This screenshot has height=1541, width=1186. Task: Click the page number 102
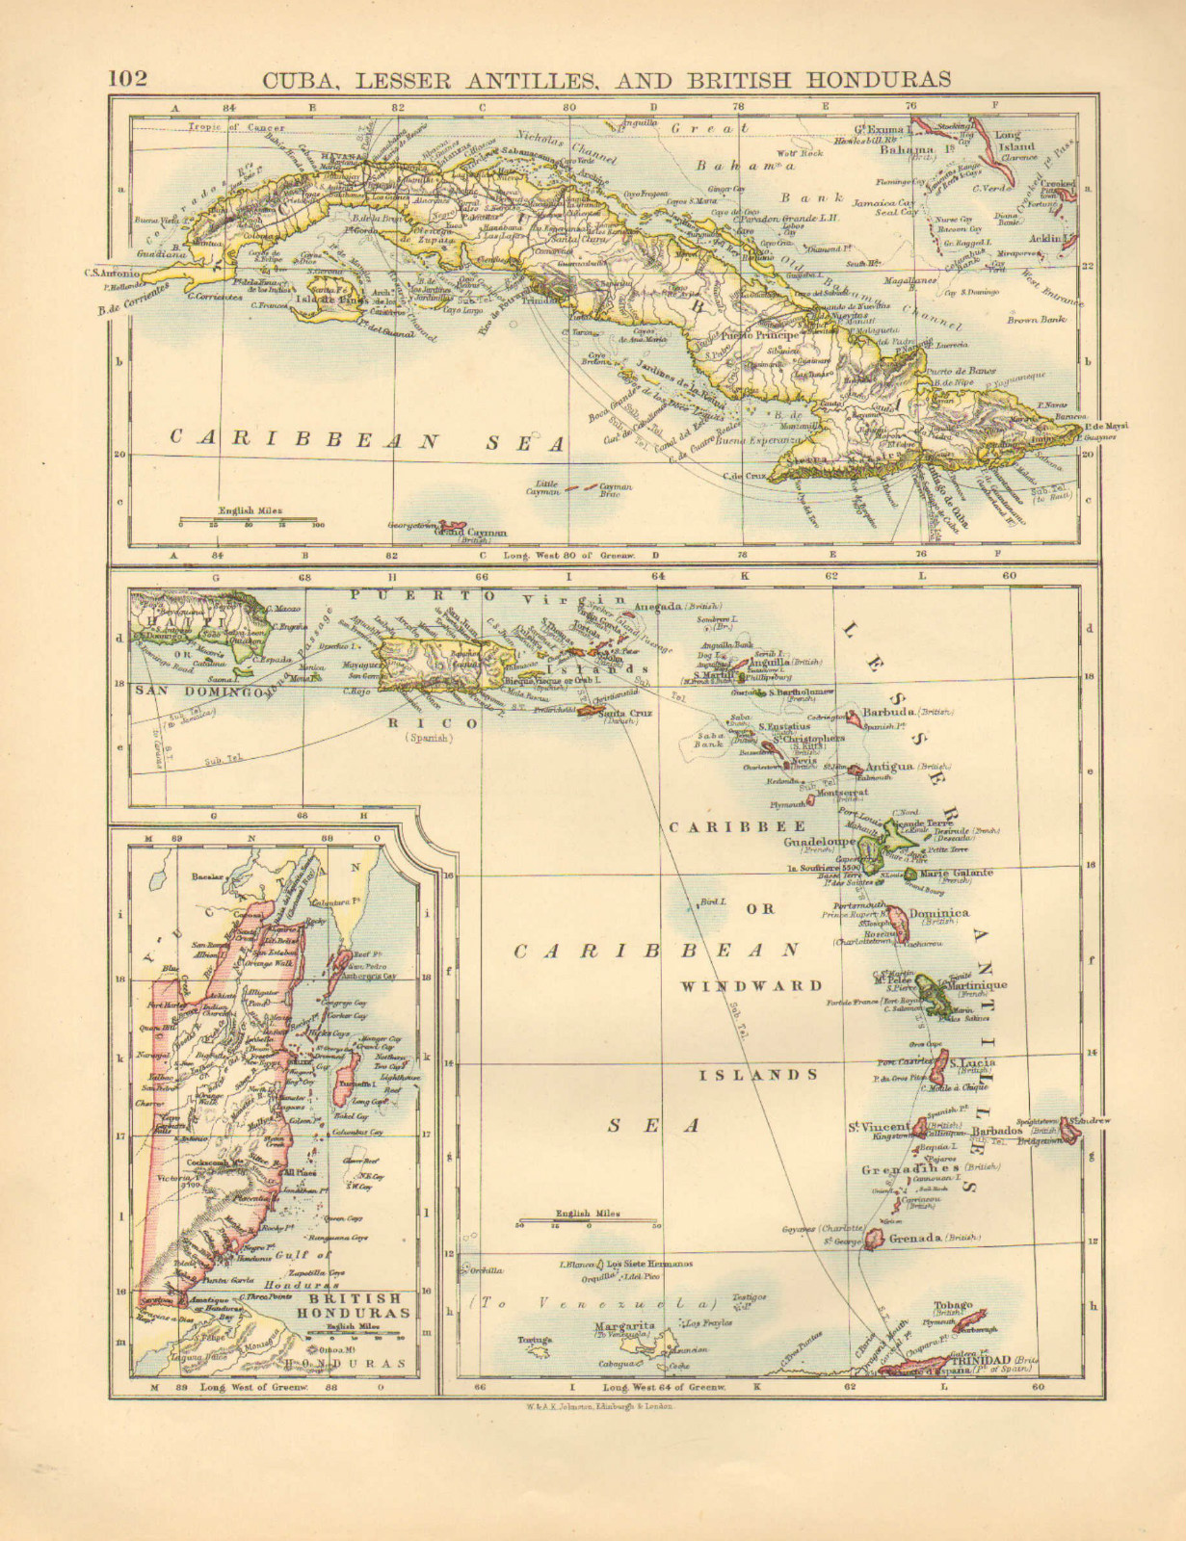click(127, 77)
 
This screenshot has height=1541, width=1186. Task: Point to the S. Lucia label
click(972, 1063)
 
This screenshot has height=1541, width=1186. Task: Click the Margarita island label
click(623, 1326)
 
